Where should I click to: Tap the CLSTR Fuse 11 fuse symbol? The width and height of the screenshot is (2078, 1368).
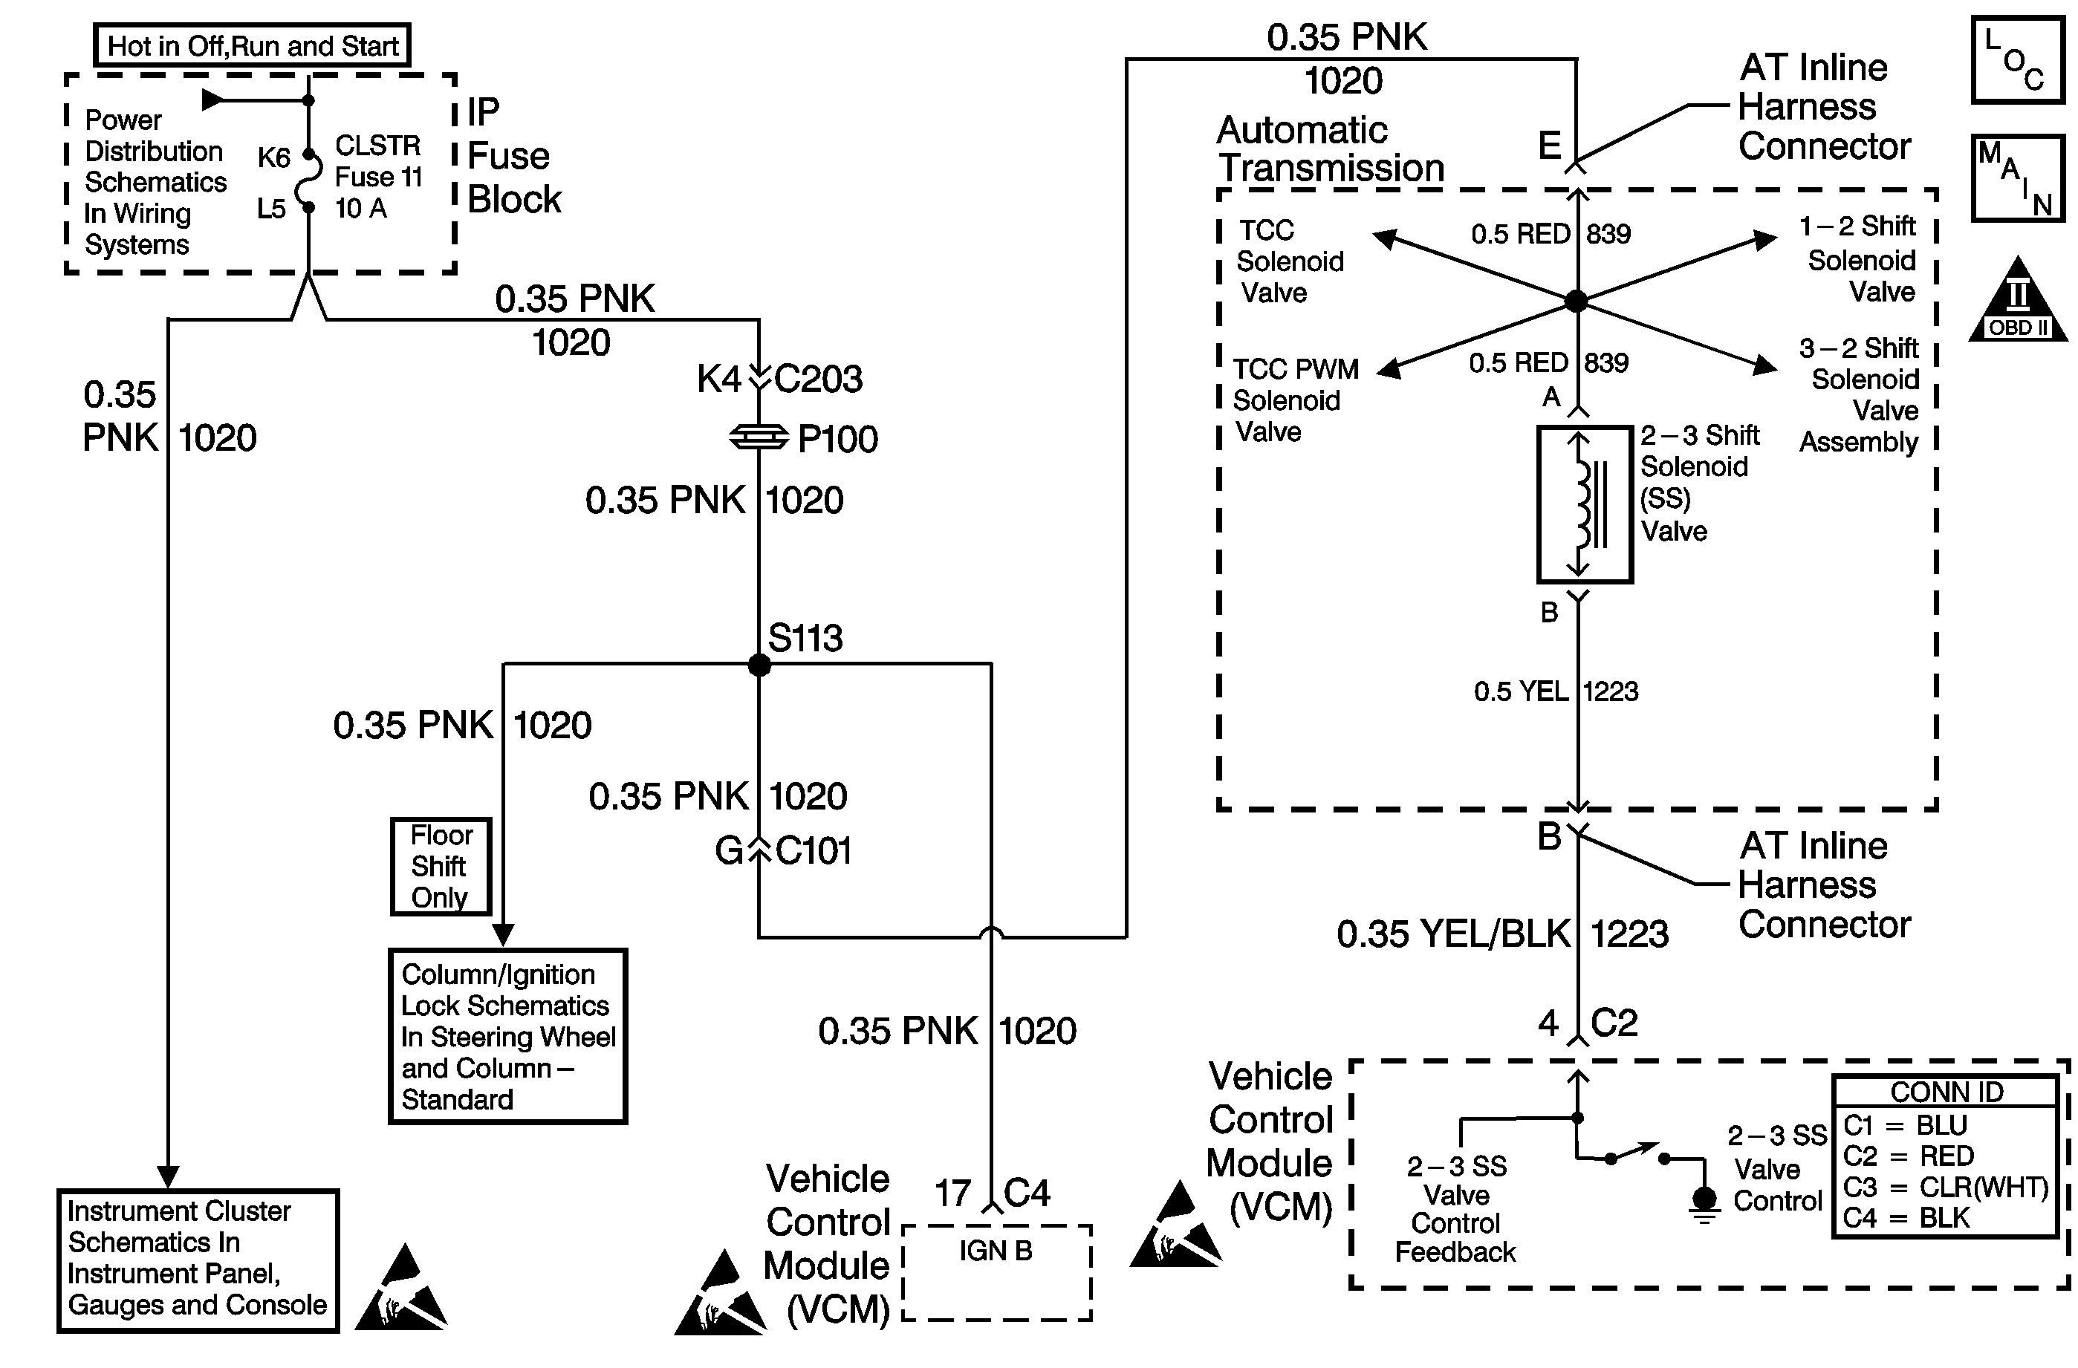(x=308, y=180)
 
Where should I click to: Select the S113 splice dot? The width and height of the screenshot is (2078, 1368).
(x=759, y=665)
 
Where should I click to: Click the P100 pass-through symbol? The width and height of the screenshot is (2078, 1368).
(x=759, y=437)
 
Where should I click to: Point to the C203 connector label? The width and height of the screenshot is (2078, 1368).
(x=818, y=379)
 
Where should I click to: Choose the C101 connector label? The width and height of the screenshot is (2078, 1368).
(x=813, y=850)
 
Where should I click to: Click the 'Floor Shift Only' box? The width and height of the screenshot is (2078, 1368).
(x=440, y=866)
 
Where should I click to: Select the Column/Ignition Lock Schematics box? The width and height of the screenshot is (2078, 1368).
(x=507, y=1036)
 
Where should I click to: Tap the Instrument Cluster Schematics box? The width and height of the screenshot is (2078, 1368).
(x=198, y=1260)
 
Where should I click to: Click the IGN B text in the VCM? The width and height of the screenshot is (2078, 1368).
(x=996, y=1251)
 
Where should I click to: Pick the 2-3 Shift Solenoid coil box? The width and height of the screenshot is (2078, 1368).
(x=1584, y=504)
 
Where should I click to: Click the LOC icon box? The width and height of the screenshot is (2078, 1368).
(x=2017, y=60)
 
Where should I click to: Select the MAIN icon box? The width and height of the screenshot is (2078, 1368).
(x=2017, y=178)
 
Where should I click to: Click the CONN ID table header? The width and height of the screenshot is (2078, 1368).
(x=1946, y=1092)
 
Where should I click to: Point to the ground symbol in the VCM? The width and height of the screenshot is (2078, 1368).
(x=1704, y=1203)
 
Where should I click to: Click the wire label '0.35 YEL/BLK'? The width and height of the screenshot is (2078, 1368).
(x=1454, y=934)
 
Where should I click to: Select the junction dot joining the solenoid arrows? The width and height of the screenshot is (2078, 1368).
(x=1576, y=302)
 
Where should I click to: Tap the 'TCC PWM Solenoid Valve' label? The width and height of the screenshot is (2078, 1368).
(x=1296, y=400)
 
